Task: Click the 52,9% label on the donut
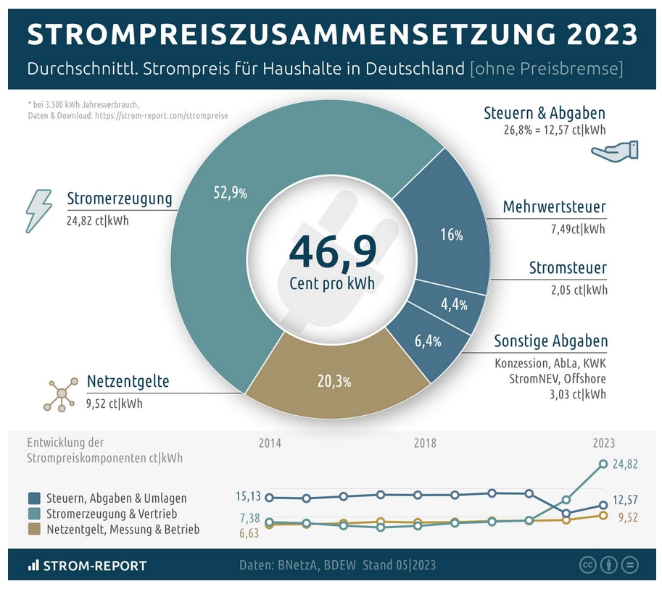(231, 193)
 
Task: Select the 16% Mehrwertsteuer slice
(451, 234)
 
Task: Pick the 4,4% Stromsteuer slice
(454, 304)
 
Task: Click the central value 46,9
(333, 250)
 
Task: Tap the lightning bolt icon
(38, 211)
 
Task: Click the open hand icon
(614, 151)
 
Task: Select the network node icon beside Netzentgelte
(61, 393)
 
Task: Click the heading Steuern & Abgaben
(544, 113)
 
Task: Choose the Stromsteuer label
(568, 268)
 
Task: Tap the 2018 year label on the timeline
(425, 443)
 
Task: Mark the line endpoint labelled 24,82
(603, 464)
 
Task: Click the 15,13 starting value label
(248, 496)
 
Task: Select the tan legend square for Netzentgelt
(34, 530)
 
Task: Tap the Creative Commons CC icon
(588, 565)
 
